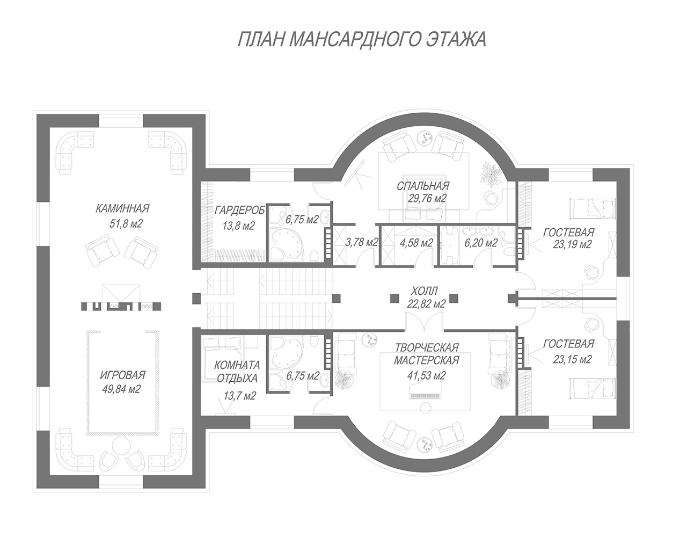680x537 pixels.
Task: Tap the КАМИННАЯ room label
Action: coord(122,209)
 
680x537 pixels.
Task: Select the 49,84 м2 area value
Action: coord(121,389)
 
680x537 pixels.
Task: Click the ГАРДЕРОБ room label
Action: coord(239,211)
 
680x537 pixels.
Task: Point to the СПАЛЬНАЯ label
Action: coord(423,186)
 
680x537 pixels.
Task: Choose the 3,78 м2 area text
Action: coord(362,243)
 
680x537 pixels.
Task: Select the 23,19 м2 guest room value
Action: coord(572,244)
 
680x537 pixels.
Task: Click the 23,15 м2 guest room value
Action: coord(572,359)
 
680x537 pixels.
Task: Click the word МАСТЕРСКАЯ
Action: coord(426,360)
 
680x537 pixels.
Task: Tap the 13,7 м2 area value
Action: coord(239,395)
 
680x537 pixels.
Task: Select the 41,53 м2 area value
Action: coord(426,375)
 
